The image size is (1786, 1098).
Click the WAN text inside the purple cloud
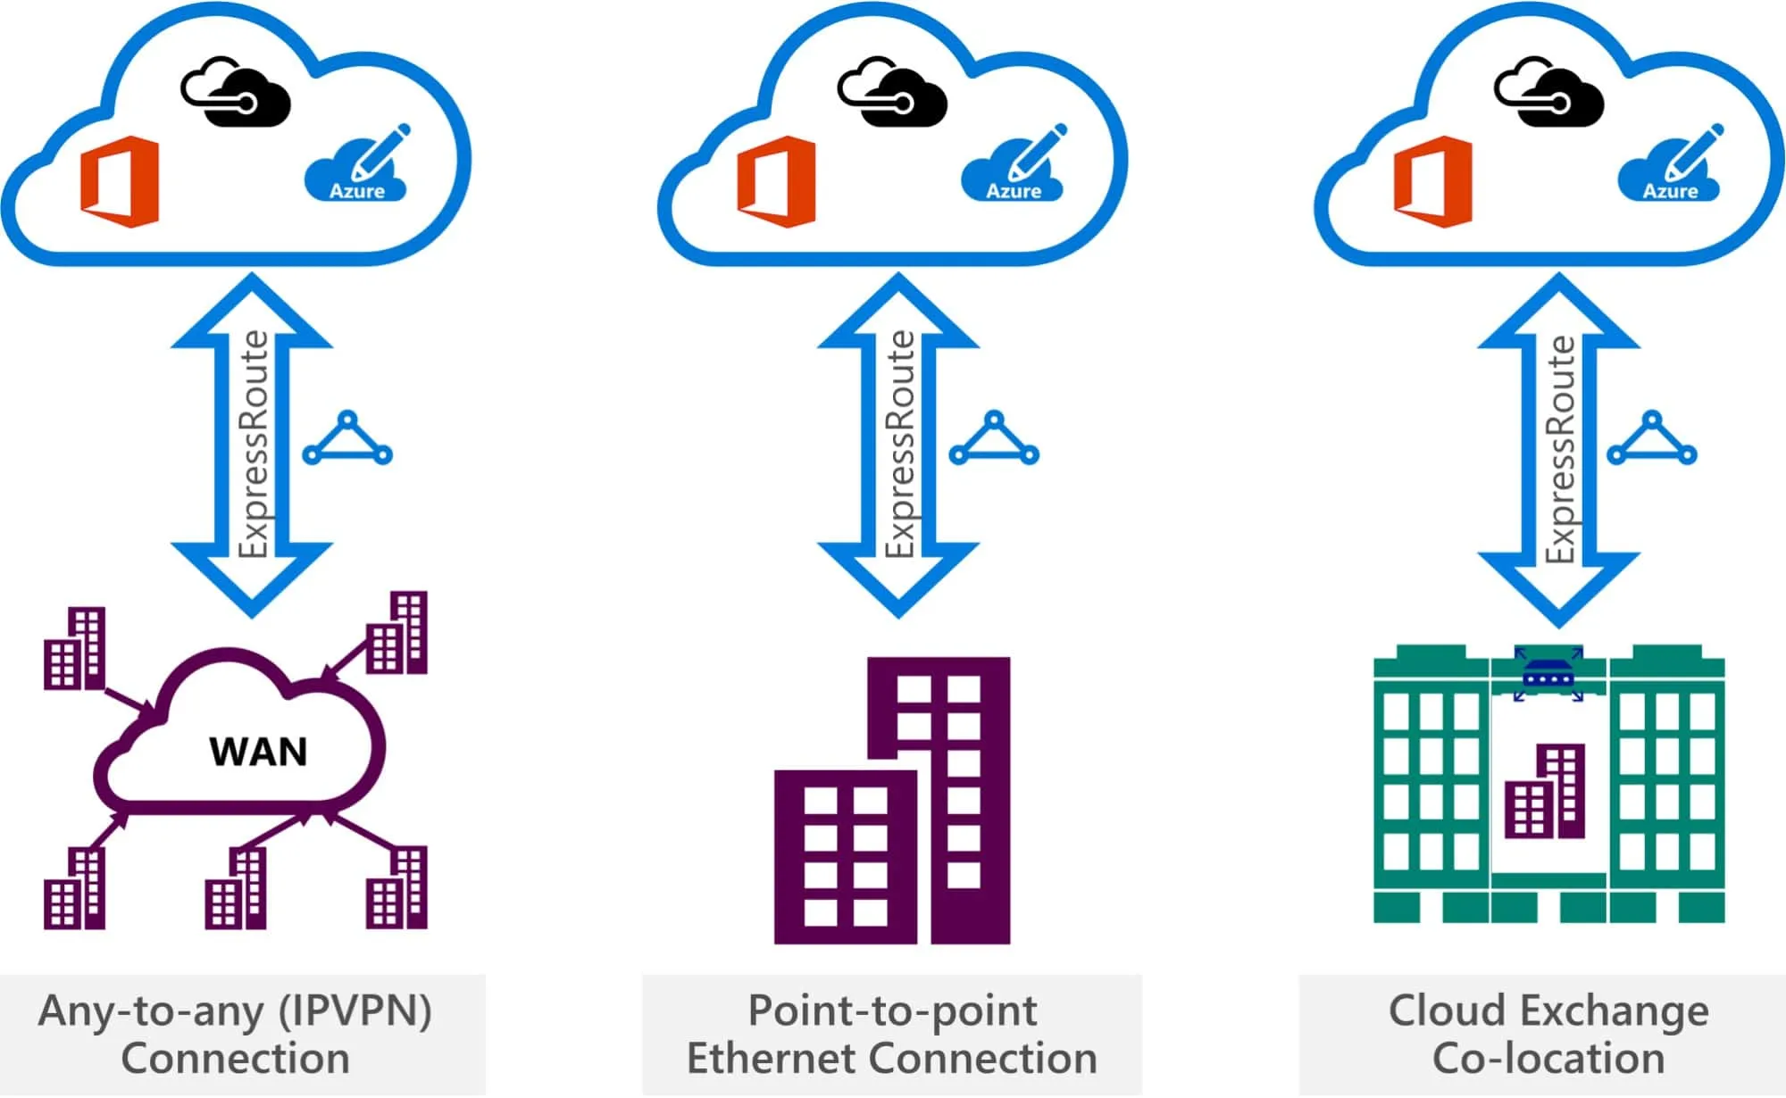(258, 752)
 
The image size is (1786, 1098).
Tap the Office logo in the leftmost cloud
(120, 182)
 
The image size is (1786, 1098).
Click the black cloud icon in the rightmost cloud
(1548, 93)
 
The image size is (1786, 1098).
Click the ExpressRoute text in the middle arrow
(899, 444)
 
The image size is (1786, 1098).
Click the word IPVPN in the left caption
(355, 1011)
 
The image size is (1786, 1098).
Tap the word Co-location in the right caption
(1548, 1059)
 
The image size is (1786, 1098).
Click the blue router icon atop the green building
(1548, 675)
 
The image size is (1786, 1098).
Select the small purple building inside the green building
(1546, 793)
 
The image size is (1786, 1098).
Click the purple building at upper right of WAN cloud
(398, 634)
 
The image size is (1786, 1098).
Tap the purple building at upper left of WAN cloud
(75, 650)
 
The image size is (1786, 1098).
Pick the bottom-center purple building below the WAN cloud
(236, 889)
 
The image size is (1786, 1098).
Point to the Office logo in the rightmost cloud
(1433, 182)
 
